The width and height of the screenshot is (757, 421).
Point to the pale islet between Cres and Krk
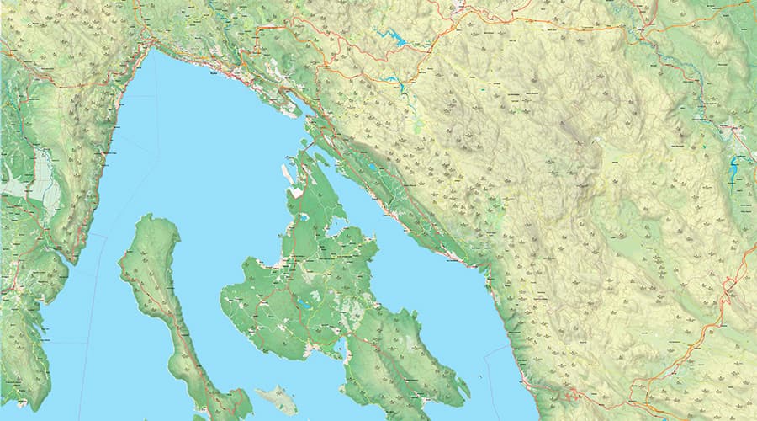pos(277,399)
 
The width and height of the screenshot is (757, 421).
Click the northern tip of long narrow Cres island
pos(149,217)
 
